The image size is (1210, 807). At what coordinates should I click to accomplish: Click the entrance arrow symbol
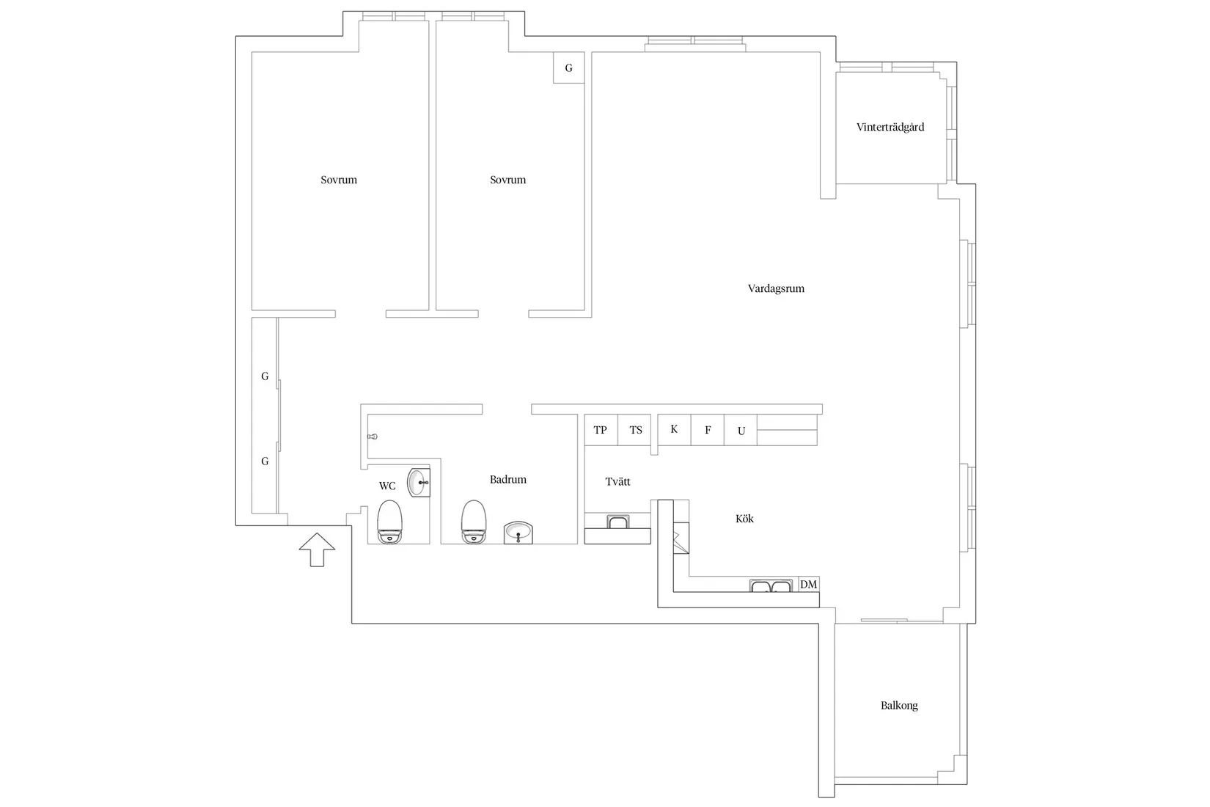click(317, 549)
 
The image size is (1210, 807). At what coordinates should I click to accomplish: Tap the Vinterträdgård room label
click(890, 128)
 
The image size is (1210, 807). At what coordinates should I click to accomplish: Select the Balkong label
click(899, 705)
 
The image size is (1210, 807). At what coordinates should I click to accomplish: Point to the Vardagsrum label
click(776, 288)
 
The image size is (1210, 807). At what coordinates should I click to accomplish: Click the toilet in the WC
click(389, 522)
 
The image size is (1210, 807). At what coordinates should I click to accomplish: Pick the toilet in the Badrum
click(474, 522)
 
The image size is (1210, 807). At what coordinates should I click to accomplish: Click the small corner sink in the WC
click(419, 483)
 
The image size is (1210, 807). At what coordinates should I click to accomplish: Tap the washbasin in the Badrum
click(518, 533)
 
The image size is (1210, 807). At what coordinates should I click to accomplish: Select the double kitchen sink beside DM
click(771, 585)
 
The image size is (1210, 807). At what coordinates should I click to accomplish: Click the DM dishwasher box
click(809, 584)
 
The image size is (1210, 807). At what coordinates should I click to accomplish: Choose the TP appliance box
click(601, 430)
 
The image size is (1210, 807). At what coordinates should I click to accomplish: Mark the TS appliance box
click(635, 430)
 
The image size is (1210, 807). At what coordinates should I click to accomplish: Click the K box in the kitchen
click(674, 430)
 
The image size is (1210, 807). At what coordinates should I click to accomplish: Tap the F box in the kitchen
click(708, 430)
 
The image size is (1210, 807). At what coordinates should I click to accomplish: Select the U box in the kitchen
click(741, 430)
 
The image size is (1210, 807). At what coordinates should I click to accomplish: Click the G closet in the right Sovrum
click(569, 67)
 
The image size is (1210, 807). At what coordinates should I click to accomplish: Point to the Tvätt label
click(617, 481)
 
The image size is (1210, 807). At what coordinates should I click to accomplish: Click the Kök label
click(744, 519)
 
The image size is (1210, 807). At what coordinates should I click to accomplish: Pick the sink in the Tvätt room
click(618, 522)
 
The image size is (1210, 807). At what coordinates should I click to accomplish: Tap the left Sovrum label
click(339, 180)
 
